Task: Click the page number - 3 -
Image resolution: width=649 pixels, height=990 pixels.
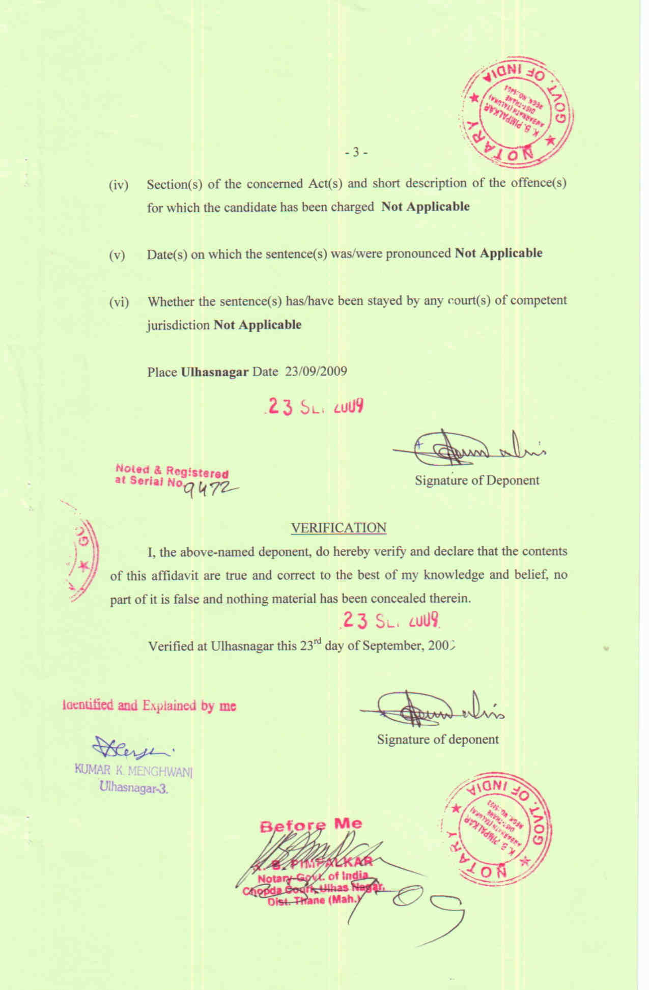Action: coord(356,152)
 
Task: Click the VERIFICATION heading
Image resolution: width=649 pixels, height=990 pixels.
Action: coord(338,528)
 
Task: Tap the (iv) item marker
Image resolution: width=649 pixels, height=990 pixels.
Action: coord(119,185)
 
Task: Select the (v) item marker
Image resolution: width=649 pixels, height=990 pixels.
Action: coord(117,255)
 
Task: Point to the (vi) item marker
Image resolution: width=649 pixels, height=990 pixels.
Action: coord(119,302)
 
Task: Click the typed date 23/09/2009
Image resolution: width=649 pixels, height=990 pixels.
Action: coord(316,371)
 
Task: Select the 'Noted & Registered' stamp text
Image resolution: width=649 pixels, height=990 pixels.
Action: coord(172,471)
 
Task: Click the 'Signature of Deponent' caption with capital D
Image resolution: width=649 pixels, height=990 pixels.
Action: coord(476,480)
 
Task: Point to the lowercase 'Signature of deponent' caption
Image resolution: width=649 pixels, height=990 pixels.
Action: coord(438,739)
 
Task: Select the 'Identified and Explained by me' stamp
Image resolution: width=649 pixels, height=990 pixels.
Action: coord(149,705)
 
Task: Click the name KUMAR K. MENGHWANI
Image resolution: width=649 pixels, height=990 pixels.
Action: coord(134,770)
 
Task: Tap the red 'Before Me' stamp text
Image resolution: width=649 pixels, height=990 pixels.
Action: coord(311,825)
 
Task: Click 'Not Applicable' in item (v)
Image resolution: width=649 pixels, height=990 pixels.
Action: coord(498,253)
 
